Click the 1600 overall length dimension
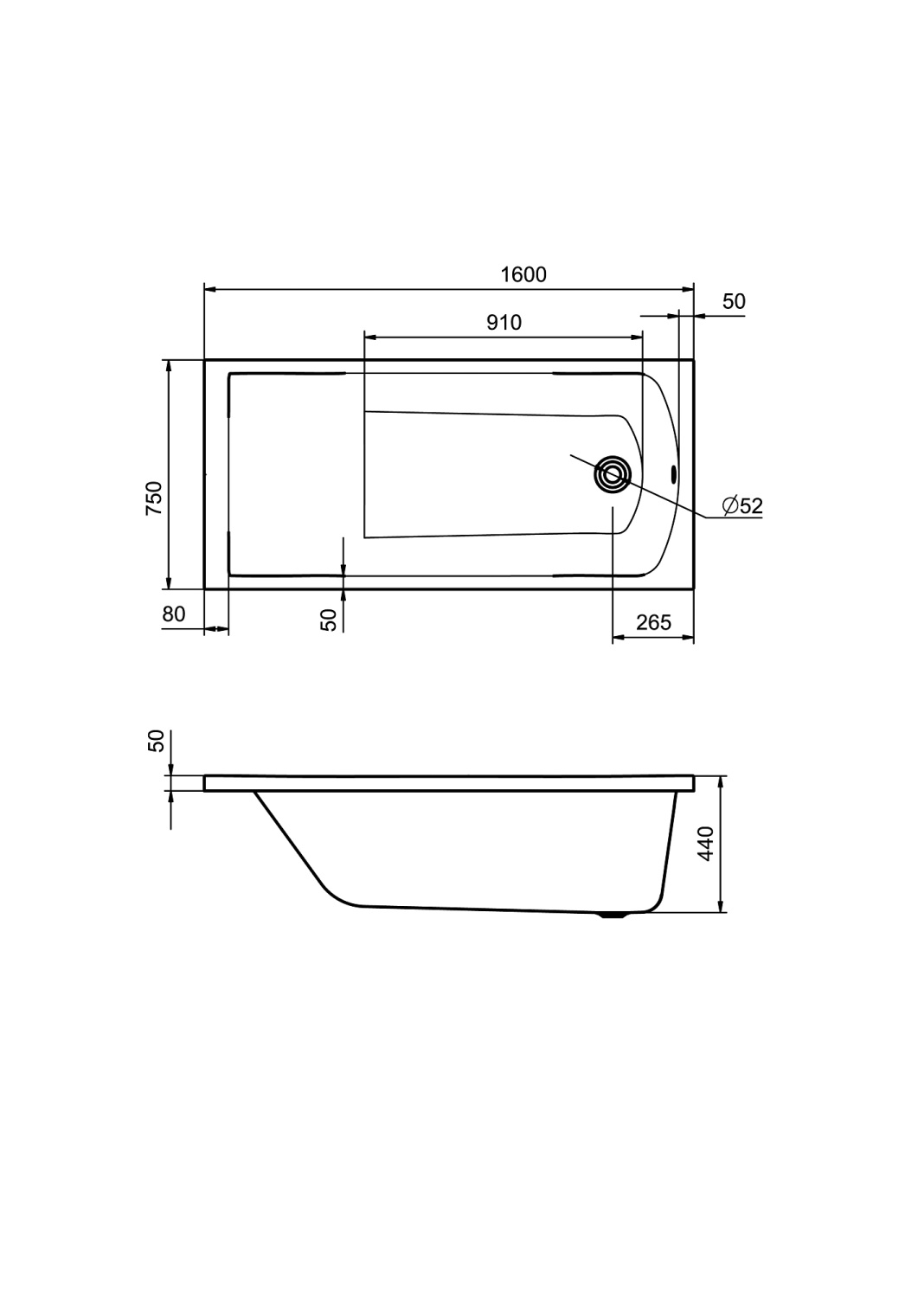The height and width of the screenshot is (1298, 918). pyautogui.click(x=523, y=274)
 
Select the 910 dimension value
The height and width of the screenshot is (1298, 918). pyautogui.click(x=504, y=322)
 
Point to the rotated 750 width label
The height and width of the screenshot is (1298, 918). pyautogui.click(x=154, y=498)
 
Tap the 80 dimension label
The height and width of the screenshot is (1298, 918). pyautogui.click(x=173, y=614)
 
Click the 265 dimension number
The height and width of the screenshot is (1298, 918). pyautogui.click(x=653, y=622)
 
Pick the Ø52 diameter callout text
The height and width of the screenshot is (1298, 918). pyautogui.click(x=742, y=506)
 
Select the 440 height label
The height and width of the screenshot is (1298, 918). pyautogui.click(x=707, y=844)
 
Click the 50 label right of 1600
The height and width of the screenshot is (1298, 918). pyautogui.click(x=734, y=301)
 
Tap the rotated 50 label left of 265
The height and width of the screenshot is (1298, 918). pyautogui.click(x=329, y=620)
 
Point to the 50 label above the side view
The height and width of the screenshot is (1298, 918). pyautogui.click(x=157, y=741)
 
